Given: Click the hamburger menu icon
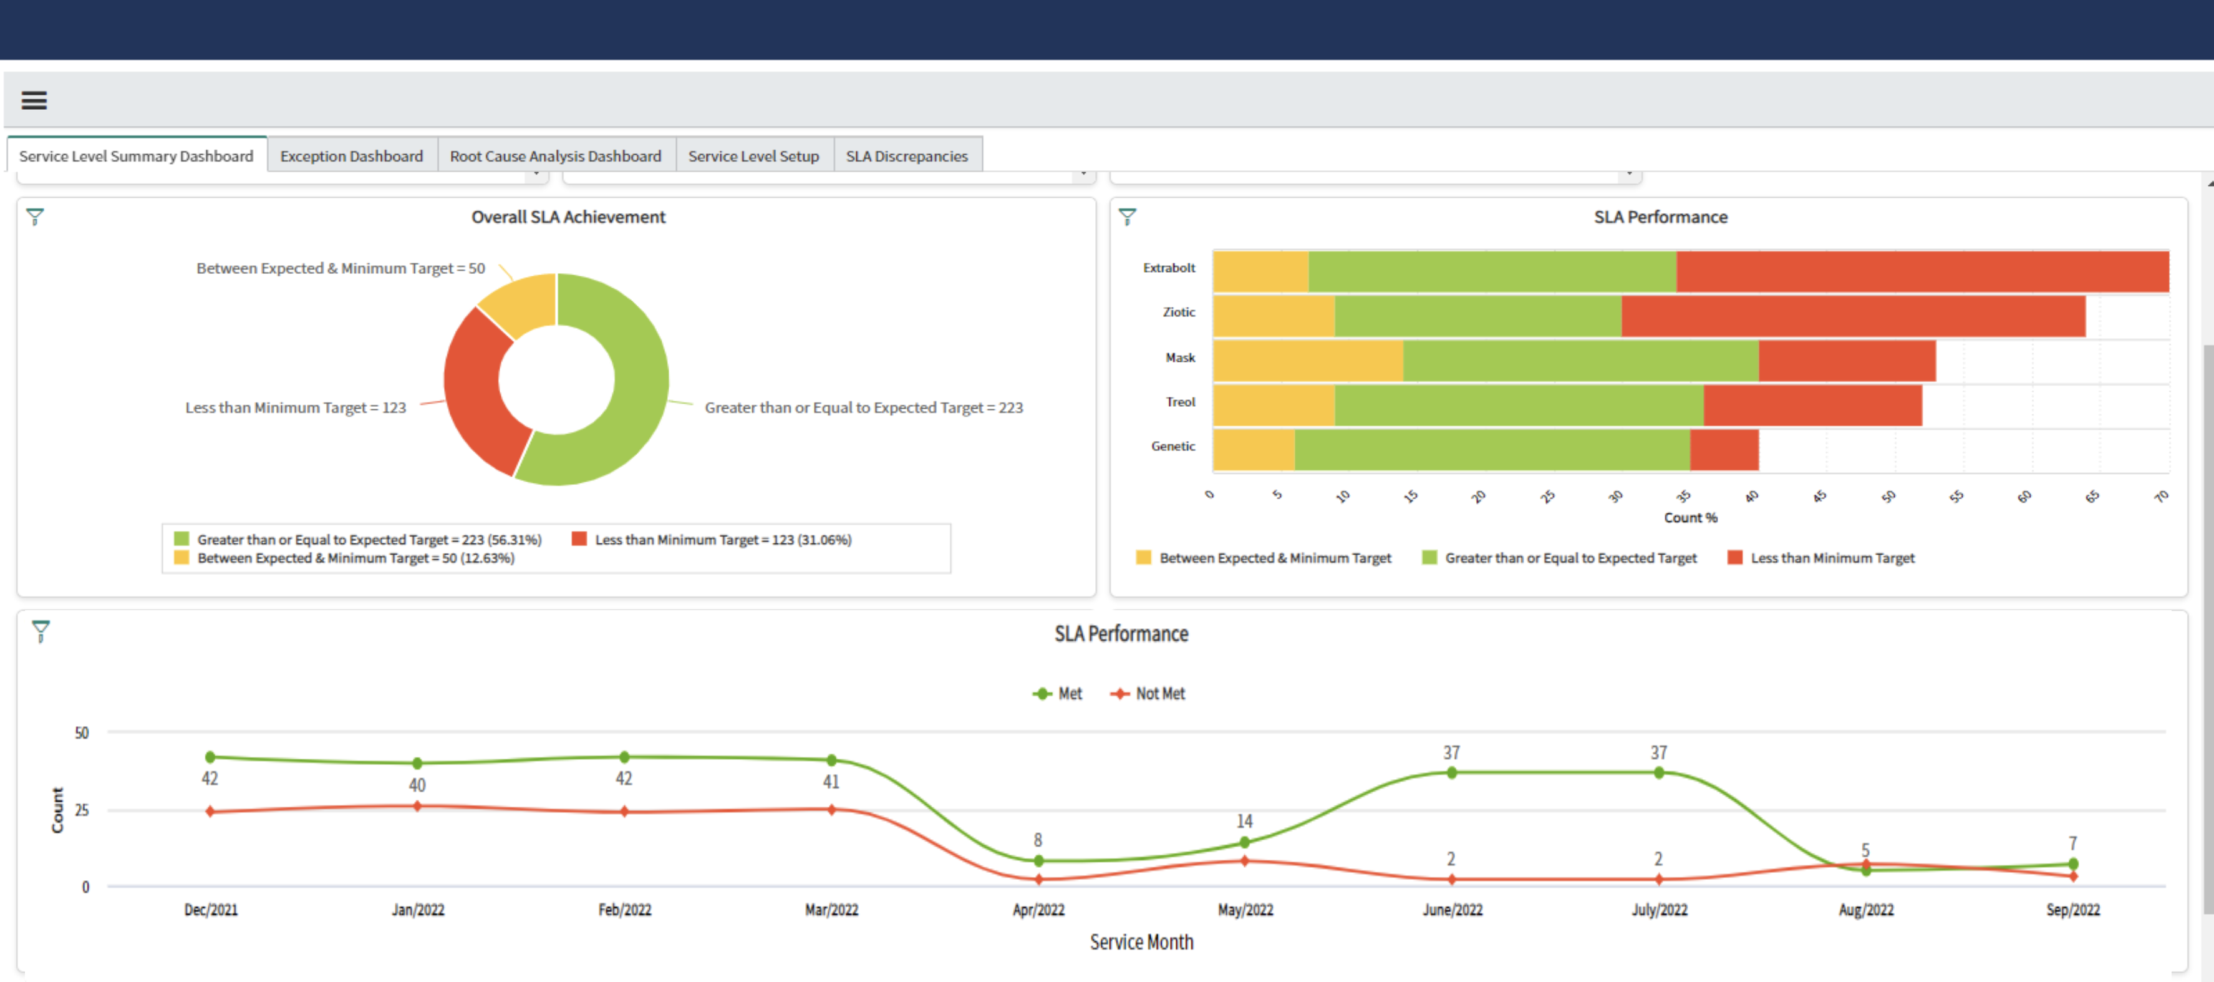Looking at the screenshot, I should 34,100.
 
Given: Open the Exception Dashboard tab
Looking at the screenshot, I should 352,155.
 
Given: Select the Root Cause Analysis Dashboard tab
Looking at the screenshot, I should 555,155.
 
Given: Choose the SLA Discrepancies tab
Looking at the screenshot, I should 906,155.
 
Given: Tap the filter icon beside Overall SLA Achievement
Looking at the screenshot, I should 36,216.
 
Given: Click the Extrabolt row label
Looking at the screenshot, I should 1168,268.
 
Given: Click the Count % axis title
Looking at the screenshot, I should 1690,518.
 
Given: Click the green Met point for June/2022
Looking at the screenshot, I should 1452,773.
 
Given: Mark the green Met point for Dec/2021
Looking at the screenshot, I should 211,757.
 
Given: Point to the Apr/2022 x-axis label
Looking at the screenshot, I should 1038,910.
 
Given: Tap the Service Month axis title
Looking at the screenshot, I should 1141,943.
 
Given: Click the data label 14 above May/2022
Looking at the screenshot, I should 1244,821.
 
